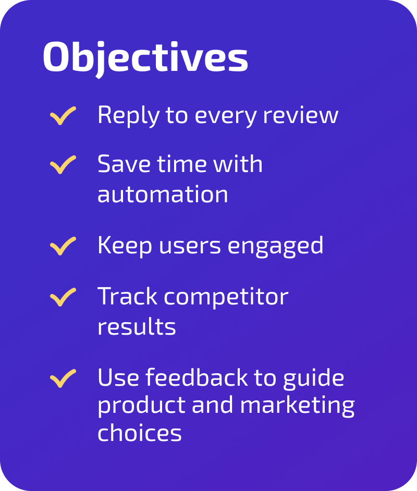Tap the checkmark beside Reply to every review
click(x=63, y=116)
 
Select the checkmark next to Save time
click(x=63, y=165)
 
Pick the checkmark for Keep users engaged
click(x=63, y=246)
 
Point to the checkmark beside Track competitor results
click(x=63, y=297)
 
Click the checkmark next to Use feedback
click(x=63, y=378)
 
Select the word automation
click(x=163, y=195)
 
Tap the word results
click(x=137, y=327)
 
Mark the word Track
click(x=127, y=297)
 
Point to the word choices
click(x=140, y=433)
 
